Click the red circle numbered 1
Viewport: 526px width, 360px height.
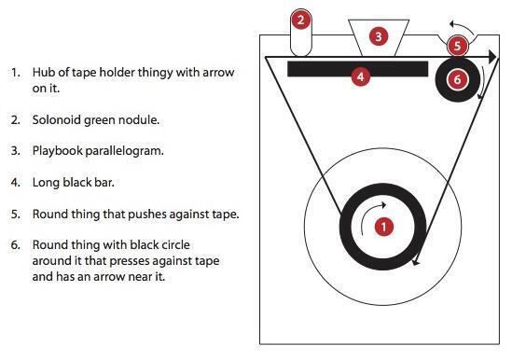click(x=382, y=226)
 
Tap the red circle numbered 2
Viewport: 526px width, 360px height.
click(x=300, y=19)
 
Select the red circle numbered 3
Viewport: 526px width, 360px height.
click(x=378, y=36)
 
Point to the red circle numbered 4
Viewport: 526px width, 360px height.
click(x=362, y=76)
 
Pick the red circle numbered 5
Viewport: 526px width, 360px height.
click(x=456, y=45)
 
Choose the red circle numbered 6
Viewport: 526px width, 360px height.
click(x=457, y=79)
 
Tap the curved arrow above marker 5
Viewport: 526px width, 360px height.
click(x=457, y=24)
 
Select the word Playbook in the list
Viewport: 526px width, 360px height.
click(x=58, y=150)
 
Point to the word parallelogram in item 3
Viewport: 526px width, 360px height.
click(x=129, y=150)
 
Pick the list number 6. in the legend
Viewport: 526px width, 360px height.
click(x=16, y=244)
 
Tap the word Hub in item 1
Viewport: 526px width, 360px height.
click(x=43, y=72)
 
